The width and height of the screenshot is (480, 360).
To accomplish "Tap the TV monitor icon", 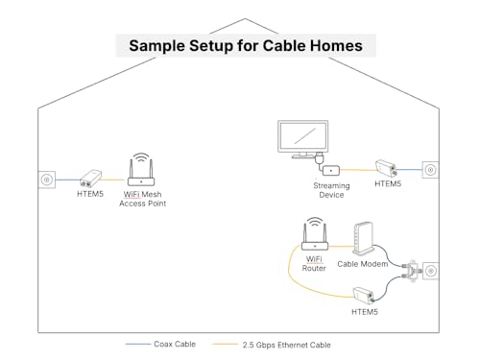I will point(302,136).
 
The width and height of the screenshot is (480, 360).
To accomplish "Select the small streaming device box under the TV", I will point(331,169).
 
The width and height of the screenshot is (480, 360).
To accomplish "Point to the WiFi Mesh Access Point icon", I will point(141,168).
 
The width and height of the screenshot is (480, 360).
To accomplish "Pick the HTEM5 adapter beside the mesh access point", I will point(92,179).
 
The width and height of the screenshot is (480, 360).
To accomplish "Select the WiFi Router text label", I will point(314,263).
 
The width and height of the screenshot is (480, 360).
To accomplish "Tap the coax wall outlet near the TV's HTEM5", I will point(429,170).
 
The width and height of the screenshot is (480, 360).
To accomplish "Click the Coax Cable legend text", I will point(180,344).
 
